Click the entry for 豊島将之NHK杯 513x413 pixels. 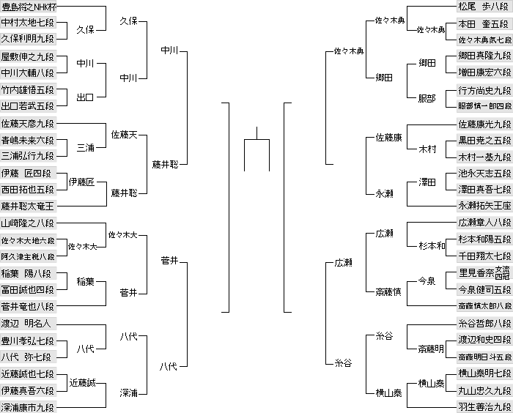point(28,7)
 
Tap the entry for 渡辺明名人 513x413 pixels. point(28,323)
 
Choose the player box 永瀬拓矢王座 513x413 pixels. point(484,206)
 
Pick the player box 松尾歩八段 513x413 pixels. point(484,7)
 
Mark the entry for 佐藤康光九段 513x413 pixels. point(484,124)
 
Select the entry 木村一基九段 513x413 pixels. point(484,157)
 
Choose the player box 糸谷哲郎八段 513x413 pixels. point(484,323)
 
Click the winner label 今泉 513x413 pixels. point(427,281)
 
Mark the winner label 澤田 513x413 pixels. point(427,182)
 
